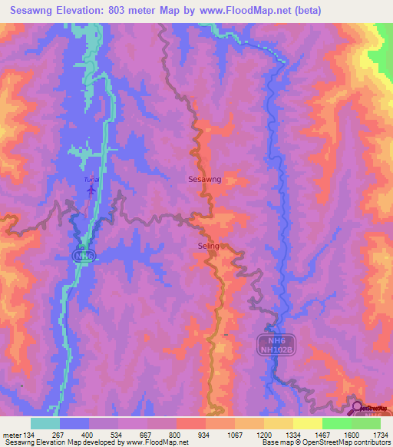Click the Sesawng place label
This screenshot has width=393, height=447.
click(x=204, y=179)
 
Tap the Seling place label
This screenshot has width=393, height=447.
click(x=208, y=246)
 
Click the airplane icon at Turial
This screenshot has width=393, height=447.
click(x=92, y=188)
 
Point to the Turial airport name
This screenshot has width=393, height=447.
click(x=91, y=179)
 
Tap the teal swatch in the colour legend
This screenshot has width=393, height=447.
click(x=45, y=423)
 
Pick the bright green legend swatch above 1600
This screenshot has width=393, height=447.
click(x=337, y=423)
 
